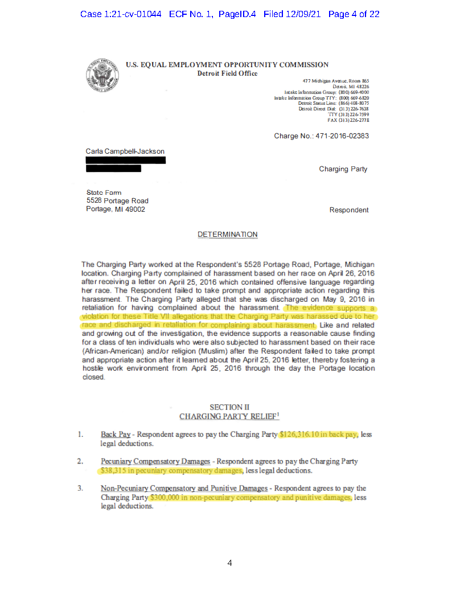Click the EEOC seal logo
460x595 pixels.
coord(101,73)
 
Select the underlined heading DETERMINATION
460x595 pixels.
coord(227,235)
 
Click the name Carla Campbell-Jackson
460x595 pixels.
coord(125,151)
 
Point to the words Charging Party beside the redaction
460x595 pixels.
coord(343,169)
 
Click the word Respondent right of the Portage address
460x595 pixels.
coord(348,210)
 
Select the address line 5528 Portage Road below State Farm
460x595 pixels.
coord(117,201)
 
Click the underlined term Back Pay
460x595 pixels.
coord(116,434)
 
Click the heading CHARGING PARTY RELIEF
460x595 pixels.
coord(228,417)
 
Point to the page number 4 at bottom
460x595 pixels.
coord(229,563)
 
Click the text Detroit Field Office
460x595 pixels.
coord(227,73)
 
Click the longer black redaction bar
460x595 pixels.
coord(125,160)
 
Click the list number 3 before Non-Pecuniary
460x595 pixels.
coord(81,488)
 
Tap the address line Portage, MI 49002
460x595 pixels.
coord(116,210)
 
